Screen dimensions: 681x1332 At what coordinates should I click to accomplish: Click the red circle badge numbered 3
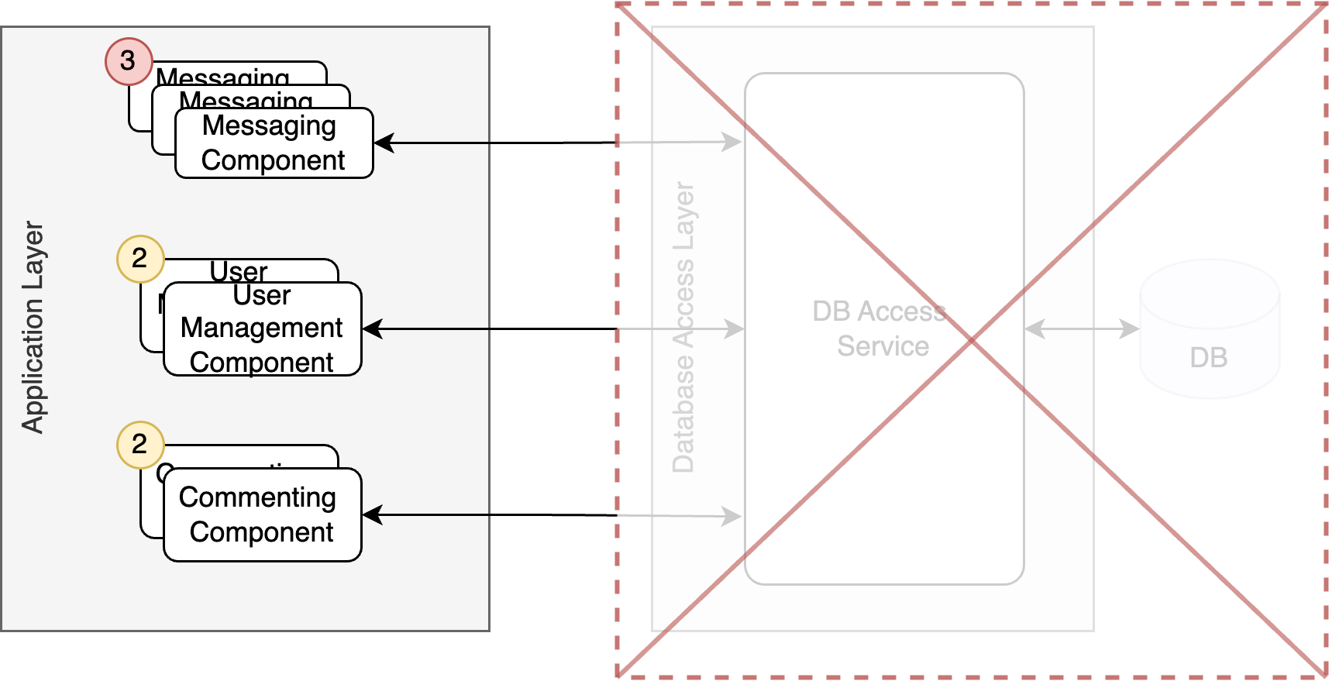pos(129,61)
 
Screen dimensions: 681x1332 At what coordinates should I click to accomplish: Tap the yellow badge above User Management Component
pos(140,259)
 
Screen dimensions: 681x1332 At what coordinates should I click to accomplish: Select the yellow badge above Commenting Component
pos(140,445)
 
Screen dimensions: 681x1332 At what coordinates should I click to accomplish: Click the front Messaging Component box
pos(274,143)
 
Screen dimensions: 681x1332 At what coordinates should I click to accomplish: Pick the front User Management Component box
pos(262,329)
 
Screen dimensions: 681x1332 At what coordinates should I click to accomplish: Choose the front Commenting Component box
pos(262,514)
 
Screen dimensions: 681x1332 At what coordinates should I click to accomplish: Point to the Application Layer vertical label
pos(33,327)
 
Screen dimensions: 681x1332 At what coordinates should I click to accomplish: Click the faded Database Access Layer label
pos(683,327)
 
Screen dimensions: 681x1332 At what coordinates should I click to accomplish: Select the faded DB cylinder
pos(1209,329)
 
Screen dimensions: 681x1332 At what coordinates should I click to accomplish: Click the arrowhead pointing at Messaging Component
pos(384,143)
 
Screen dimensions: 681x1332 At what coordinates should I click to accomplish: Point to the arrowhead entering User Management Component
pos(373,329)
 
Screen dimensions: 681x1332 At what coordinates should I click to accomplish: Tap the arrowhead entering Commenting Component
pos(373,514)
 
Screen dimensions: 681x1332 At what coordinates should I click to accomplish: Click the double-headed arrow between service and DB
pos(1082,329)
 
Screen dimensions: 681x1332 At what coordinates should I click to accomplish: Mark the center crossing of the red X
pos(972,340)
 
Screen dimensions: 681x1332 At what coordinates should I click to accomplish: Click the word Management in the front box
pos(262,328)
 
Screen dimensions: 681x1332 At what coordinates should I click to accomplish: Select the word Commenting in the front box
pos(257,497)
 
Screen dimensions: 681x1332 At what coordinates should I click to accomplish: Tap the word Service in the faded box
pos(883,346)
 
